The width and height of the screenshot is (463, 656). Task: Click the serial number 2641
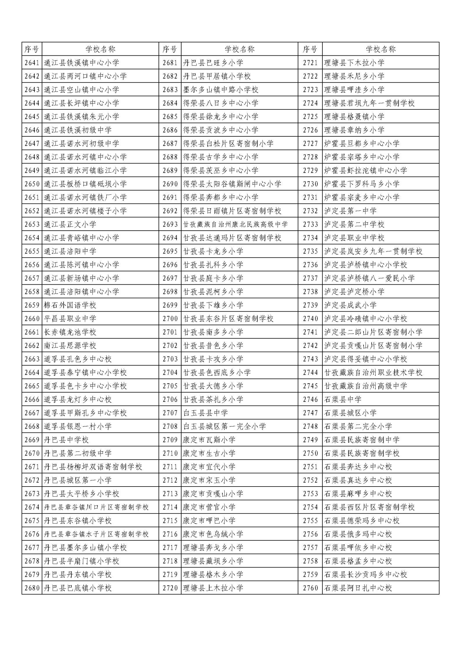[x=32, y=63]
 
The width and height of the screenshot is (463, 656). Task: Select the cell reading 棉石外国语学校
[x=70, y=305]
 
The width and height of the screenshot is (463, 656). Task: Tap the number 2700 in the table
[x=170, y=319]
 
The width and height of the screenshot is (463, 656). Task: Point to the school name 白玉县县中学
[x=205, y=413]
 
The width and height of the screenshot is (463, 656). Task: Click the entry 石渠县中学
[x=343, y=400]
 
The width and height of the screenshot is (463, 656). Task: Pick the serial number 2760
[x=310, y=588]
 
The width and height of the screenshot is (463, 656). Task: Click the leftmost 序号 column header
[x=32, y=49]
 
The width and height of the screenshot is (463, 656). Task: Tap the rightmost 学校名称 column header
[x=380, y=49]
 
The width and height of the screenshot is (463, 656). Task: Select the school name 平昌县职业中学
[x=70, y=319]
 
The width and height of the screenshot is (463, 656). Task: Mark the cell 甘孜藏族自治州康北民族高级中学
[x=235, y=224]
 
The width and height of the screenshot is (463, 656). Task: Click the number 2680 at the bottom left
[x=32, y=588]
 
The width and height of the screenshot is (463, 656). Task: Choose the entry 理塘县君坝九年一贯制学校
[x=369, y=103]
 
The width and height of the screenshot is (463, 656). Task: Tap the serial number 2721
[x=310, y=63]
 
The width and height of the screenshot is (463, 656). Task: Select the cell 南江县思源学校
[x=70, y=346]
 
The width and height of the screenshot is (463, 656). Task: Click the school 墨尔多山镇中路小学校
[x=221, y=90]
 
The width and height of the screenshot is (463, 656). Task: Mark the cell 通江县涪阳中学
[x=70, y=251]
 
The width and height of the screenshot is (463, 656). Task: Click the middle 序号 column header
[x=170, y=49]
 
